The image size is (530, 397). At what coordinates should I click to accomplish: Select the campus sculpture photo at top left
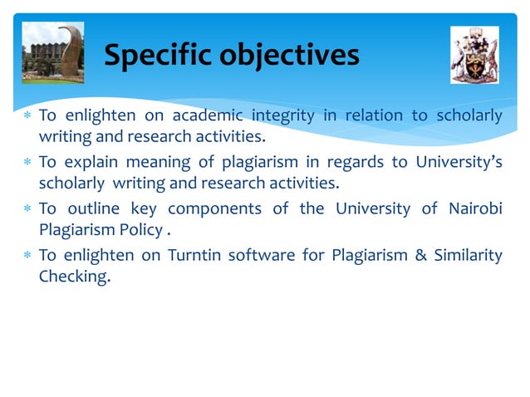coord(54,53)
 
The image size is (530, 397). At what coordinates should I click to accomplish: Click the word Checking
coord(74,276)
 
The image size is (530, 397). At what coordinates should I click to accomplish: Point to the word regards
coord(357,162)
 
